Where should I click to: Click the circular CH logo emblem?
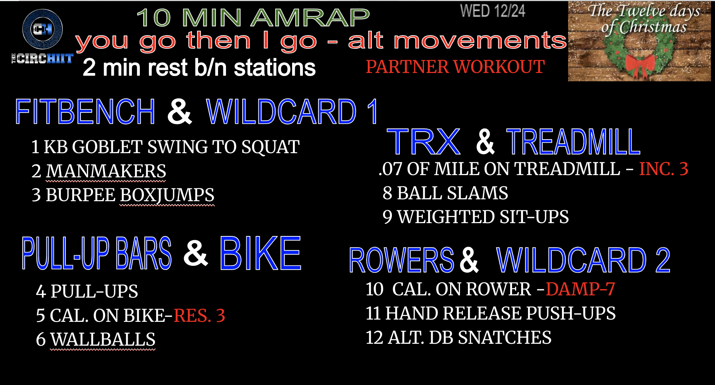[x=42, y=29]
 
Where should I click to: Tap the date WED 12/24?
[x=492, y=11]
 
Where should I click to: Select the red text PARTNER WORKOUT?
[x=455, y=67]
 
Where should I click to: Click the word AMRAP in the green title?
[x=310, y=17]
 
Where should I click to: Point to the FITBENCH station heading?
[x=85, y=112]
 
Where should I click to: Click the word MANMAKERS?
[x=106, y=171]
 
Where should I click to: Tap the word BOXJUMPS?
[x=167, y=195]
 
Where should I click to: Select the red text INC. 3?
[x=663, y=169]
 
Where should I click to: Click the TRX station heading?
[x=423, y=142]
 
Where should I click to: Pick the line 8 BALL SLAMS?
[x=445, y=193]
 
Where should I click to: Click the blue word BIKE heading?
[x=260, y=253]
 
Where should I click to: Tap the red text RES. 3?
[x=199, y=315]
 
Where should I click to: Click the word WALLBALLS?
[x=103, y=339]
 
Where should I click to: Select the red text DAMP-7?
[x=580, y=289]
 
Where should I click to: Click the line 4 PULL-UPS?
[x=87, y=291]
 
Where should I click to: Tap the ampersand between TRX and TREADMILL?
[x=485, y=142]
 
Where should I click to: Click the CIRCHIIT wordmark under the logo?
[x=42, y=59]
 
